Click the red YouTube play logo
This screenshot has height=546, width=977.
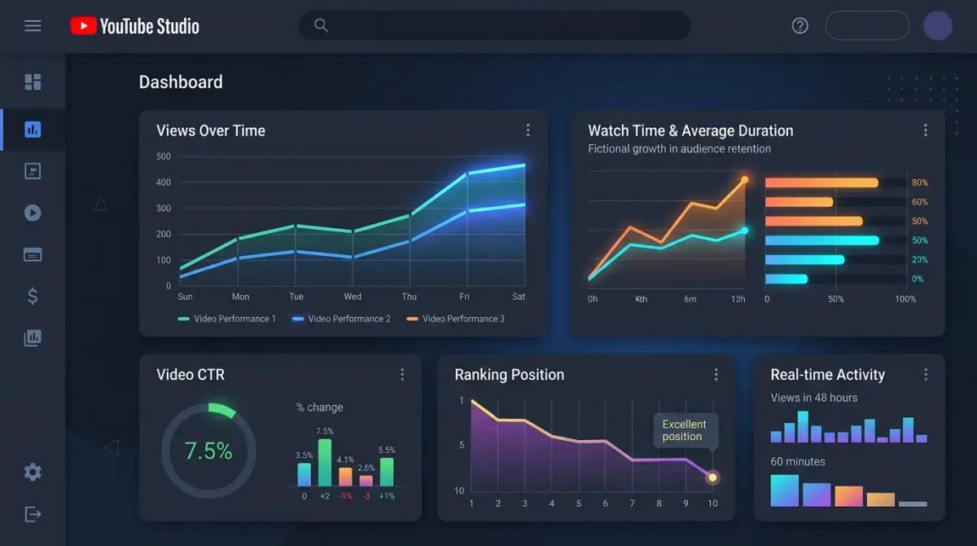83,26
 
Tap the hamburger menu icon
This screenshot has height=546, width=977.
33,26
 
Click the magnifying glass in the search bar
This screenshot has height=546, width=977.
321,25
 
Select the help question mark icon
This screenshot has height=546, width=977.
800,26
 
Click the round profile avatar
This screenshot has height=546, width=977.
937,26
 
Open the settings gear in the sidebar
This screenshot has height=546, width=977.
33,472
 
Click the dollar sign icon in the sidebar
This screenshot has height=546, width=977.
33,296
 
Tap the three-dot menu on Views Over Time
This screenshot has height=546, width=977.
528,130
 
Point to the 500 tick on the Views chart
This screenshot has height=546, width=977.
164,156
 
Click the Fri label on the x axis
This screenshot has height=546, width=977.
464,297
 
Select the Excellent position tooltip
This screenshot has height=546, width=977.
684,430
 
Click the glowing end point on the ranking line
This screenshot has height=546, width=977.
712,478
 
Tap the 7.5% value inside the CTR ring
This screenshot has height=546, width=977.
208,451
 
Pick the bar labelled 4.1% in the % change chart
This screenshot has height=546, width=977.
345,476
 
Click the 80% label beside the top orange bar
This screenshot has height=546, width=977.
919,183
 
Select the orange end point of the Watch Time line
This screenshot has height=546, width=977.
744,178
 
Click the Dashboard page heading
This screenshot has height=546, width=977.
181,82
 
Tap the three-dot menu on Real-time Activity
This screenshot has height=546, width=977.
926,375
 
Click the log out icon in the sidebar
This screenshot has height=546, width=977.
33,514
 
